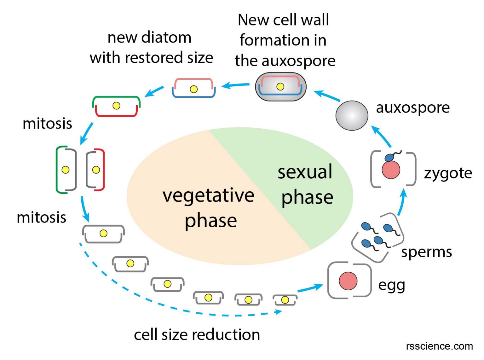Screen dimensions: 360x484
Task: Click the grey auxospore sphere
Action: (x=352, y=116)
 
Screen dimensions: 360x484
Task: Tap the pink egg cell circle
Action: (x=348, y=281)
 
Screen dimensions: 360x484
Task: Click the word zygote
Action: (x=448, y=173)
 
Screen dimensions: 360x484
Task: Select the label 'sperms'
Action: (x=426, y=252)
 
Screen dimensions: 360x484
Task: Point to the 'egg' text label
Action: (x=391, y=285)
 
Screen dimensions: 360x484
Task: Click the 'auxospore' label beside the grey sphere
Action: (x=412, y=108)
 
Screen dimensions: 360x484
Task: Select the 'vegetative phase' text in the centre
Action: (x=209, y=207)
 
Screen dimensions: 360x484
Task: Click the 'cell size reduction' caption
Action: (x=197, y=334)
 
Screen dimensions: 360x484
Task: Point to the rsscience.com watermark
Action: (x=439, y=346)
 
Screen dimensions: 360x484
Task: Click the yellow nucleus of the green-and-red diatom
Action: (x=116, y=106)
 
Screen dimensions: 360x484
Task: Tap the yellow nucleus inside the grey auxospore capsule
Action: (x=280, y=86)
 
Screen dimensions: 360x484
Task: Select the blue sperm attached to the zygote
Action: (x=389, y=157)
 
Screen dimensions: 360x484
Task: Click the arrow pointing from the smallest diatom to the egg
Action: (x=310, y=288)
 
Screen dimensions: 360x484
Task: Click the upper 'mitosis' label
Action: (x=47, y=124)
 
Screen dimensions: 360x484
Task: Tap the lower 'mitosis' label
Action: (x=41, y=218)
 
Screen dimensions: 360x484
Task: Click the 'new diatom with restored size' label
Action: (x=151, y=48)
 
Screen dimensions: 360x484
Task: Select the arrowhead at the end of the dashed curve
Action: (x=278, y=312)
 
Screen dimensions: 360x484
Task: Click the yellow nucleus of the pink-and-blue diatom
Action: (x=193, y=89)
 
